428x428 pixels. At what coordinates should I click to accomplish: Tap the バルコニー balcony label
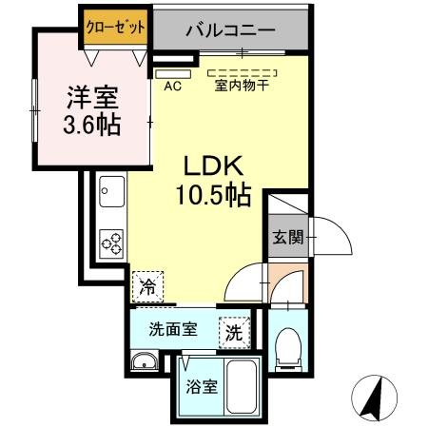coord(230,30)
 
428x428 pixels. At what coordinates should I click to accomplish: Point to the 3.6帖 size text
coord(92,126)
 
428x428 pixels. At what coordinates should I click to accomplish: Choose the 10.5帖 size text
coord(211,196)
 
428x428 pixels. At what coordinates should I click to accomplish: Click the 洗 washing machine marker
coord(232,333)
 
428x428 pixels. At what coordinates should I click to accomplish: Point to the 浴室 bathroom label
coord(201,387)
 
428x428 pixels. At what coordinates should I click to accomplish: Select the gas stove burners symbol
coord(112,243)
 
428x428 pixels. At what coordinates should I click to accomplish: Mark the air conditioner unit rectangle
coord(172,72)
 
